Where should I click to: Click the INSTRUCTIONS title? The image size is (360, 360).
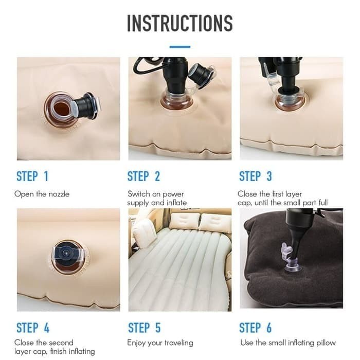pos(180,23)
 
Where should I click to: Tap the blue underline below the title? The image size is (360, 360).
pos(180,47)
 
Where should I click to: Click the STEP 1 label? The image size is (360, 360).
pos(32,176)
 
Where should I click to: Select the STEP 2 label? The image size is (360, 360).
pos(143,176)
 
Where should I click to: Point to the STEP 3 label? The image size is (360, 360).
pos(255,176)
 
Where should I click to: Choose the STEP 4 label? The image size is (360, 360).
pos(33,328)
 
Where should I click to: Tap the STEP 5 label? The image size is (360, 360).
pos(144,328)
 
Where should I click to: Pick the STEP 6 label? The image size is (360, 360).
pos(255,328)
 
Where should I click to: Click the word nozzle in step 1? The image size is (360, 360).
pos(59,194)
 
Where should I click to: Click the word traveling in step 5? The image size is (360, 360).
pos(178,343)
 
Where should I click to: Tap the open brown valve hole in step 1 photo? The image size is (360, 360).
pos(62,109)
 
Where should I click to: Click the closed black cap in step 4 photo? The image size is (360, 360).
pos(66,253)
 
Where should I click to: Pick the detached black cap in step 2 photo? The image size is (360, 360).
pos(201,76)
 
